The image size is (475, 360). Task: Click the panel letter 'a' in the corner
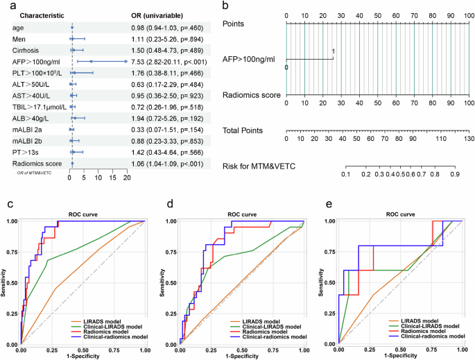pyautogui.click(x=5, y=6)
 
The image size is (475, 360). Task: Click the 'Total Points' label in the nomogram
pyautogui.click(x=247, y=130)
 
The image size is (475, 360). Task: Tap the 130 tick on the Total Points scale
pyautogui.click(x=469, y=139)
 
